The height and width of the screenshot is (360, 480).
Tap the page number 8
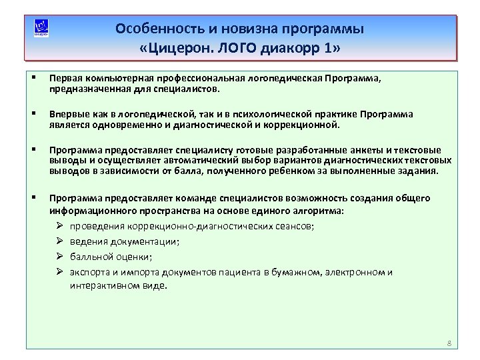[449, 343]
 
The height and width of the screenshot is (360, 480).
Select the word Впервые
[67, 114]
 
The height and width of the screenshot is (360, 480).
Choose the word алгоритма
[319, 210]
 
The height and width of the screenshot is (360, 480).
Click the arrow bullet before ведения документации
[59, 241]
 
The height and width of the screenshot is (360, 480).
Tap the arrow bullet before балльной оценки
[59, 257]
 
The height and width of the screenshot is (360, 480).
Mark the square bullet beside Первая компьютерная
[33, 78]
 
